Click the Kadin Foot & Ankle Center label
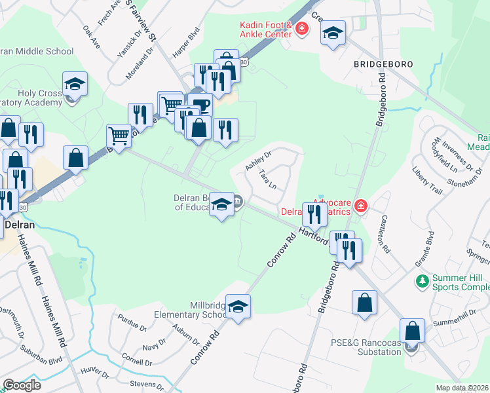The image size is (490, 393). coord(265,29)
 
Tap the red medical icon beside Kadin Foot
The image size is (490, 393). coord(302,29)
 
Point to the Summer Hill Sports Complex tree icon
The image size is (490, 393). coord(423,281)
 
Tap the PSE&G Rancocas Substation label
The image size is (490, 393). coord(364,347)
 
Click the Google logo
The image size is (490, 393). coord(22,385)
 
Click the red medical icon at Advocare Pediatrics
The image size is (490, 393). coord(360,207)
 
